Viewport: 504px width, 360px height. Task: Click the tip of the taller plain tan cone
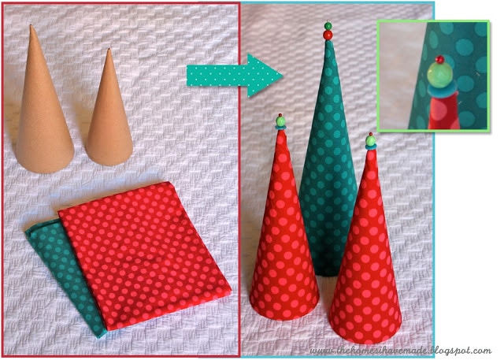[x=31, y=25]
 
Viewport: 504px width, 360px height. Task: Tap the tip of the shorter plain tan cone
[x=109, y=49]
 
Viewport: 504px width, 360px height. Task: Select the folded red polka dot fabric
[x=145, y=254]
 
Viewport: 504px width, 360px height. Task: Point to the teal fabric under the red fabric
[x=65, y=273]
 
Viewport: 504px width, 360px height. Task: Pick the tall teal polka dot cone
[x=328, y=161]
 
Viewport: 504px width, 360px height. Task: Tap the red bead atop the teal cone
[x=328, y=35]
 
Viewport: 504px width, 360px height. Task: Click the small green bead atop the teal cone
[x=328, y=26]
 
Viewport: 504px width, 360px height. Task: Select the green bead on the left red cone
[x=280, y=121]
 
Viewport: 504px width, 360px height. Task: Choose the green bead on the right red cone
[x=371, y=140]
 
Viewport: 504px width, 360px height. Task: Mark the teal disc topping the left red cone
[x=280, y=128]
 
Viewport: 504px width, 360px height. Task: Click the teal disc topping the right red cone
[x=371, y=147]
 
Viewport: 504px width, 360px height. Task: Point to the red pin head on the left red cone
[x=280, y=115]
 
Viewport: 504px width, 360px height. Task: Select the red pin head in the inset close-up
[x=439, y=59]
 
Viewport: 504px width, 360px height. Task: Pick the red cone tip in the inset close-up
[x=443, y=113]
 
